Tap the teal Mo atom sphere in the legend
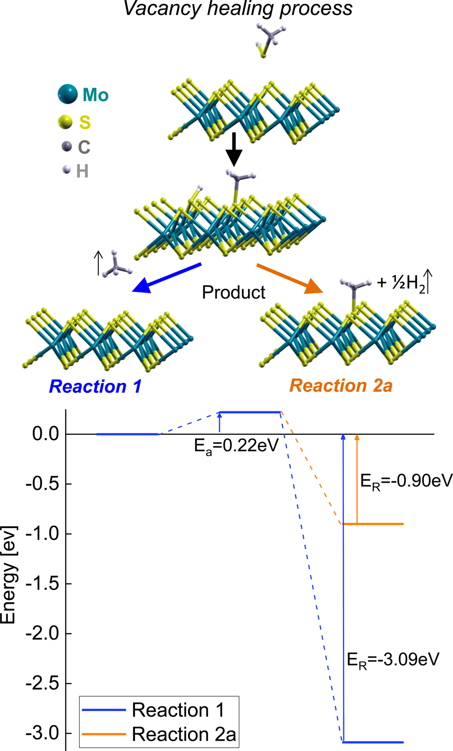68,94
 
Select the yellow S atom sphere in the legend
66,122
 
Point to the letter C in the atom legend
84,147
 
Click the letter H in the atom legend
82,171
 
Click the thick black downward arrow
234,149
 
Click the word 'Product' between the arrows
233,293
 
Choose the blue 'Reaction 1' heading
95,386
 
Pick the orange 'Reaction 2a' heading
341,385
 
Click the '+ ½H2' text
401,283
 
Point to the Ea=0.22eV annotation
236,446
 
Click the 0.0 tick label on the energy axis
46,434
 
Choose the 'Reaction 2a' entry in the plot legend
183,734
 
